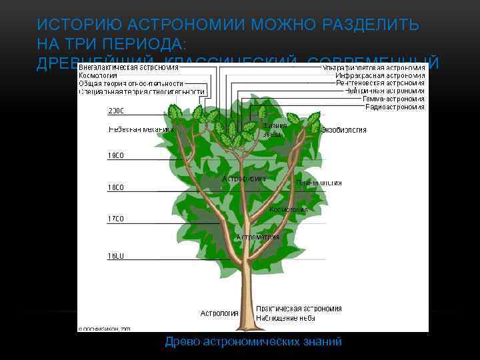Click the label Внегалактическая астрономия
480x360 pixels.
pos(128,67)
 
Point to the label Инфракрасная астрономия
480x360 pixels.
pos(381,75)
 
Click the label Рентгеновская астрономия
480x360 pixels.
pos(380,83)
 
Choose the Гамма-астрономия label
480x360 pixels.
pos(393,99)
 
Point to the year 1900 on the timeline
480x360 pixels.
pos(116,156)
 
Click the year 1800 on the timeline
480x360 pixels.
pos(116,188)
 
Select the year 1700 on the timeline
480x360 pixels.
pos(116,219)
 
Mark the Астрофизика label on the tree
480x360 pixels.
pos(244,179)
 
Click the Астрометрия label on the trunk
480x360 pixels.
pos(257,237)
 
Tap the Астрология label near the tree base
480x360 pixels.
pos(219,313)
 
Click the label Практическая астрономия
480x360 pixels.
pos(299,309)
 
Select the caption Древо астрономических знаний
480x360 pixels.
pos(253,341)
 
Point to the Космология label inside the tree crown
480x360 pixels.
pos(289,209)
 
